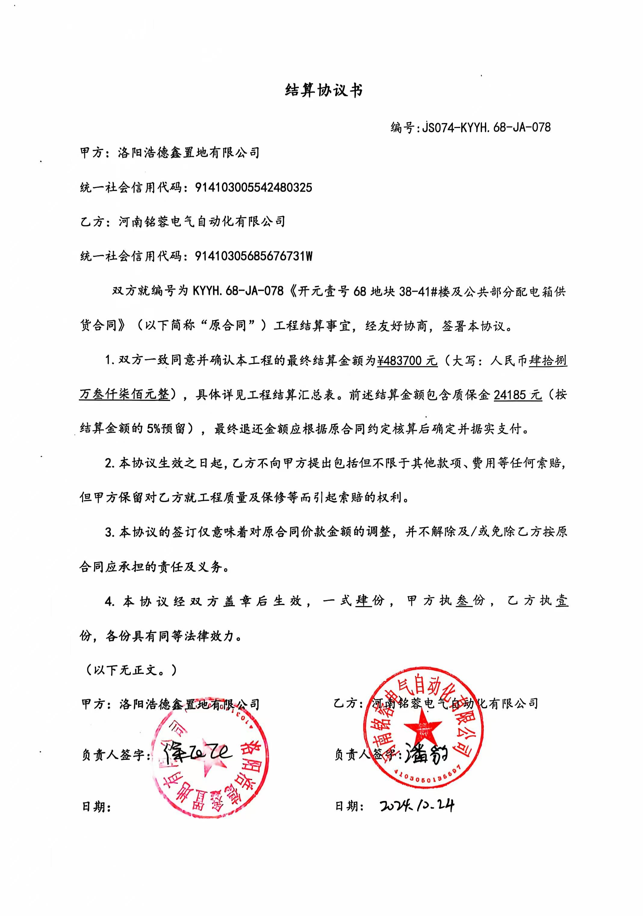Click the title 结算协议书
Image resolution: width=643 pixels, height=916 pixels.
coord(324,91)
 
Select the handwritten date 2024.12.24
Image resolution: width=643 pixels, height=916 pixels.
coord(417,805)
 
